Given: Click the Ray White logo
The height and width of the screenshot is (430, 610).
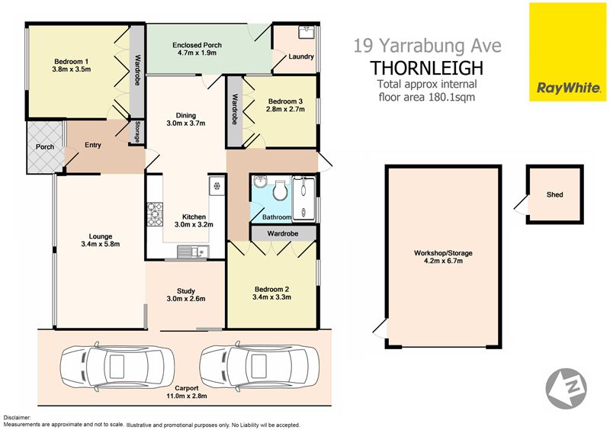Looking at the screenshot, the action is click(x=567, y=52).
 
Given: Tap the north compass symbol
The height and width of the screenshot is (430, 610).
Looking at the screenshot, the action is click(x=566, y=388).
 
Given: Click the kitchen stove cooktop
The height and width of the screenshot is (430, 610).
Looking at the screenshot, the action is click(x=155, y=214).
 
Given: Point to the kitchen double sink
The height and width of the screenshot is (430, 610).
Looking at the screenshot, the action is click(x=194, y=252).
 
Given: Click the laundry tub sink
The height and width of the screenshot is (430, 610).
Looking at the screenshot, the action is click(x=307, y=31).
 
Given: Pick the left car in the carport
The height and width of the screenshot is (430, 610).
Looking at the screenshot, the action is click(x=117, y=366).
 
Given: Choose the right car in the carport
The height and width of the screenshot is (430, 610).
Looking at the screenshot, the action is click(x=259, y=366).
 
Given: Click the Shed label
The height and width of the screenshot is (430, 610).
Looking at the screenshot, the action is click(x=555, y=194).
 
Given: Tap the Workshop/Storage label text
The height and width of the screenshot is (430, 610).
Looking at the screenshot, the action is click(x=443, y=253).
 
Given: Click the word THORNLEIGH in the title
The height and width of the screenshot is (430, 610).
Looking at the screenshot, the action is click(x=427, y=68).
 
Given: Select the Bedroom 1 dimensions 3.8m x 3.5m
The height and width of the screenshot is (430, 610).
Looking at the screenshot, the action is click(x=71, y=69).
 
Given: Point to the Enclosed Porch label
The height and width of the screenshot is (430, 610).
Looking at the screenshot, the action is click(x=197, y=45).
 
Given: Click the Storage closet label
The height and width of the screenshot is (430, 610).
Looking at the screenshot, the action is click(x=137, y=132).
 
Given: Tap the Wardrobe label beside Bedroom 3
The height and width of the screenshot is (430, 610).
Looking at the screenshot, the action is click(x=235, y=109).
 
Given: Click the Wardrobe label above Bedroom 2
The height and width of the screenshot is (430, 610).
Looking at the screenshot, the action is click(x=283, y=233).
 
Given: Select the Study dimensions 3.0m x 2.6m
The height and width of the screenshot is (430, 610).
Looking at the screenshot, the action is click(x=186, y=299).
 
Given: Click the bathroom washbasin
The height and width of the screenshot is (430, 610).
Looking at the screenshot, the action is click(x=259, y=181).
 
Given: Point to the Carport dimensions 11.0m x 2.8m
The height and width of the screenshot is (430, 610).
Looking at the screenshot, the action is click(x=187, y=396).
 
